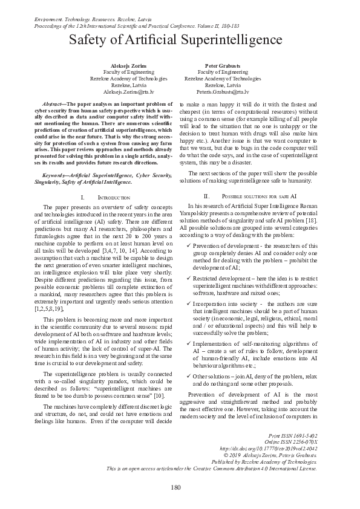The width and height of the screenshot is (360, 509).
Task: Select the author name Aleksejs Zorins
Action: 128,64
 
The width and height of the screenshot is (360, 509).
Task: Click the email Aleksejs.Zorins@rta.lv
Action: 128,92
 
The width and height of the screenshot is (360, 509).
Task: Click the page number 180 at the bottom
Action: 176,487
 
